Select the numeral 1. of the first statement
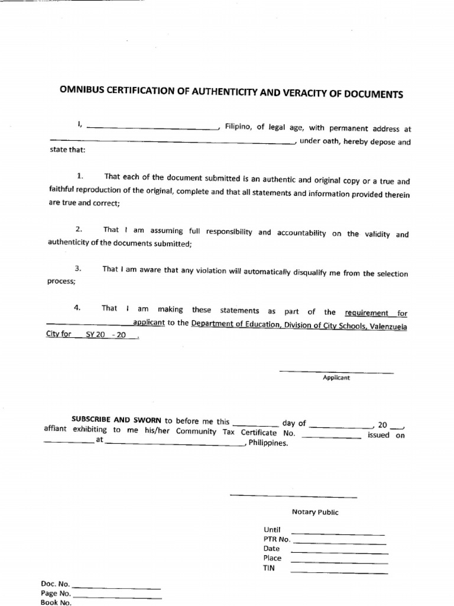pyautogui.click(x=80, y=176)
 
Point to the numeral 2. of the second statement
pyautogui.click(x=78, y=229)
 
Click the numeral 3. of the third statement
pyautogui.click(x=77, y=269)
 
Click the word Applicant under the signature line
pyautogui.click(x=336, y=378)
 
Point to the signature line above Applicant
pyautogui.click(x=336, y=372)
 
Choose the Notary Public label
pyautogui.click(x=315, y=512)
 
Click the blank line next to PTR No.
pyautogui.click(x=340, y=543)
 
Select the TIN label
pyautogui.click(x=269, y=568)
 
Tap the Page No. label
pyautogui.click(x=56, y=594)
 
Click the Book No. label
pyautogui.click(x=56, y=602)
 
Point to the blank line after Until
pyautogui.click(x=338, y=533)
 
